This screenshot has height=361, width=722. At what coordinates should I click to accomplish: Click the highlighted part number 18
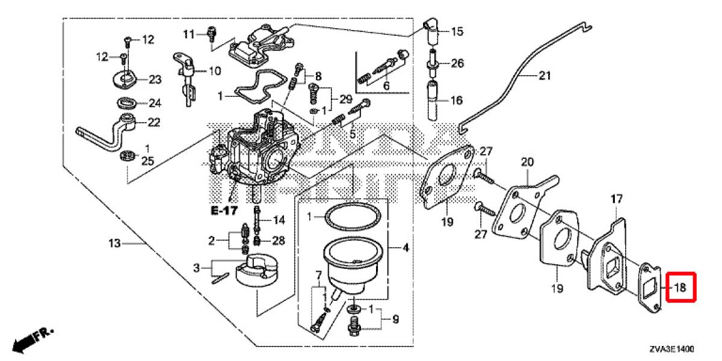[679, 288]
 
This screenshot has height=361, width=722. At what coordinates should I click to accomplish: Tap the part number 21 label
[545, 76]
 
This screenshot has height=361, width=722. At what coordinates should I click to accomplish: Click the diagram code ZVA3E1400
[671, 348]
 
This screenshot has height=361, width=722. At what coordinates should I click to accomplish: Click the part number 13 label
[115, 244]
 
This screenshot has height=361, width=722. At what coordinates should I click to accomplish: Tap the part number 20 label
[528, 162]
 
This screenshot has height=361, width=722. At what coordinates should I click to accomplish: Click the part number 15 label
[457, 31]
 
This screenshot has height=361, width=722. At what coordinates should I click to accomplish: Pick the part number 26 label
[457, 63]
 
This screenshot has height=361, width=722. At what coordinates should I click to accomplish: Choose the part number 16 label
[457, 100]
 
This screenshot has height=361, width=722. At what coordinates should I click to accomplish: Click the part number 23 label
[155, 79]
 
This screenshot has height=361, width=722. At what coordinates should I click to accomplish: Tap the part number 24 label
[155, 102]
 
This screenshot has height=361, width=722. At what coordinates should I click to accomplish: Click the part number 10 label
[214, 71]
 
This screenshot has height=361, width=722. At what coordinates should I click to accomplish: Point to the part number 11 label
[190, 34]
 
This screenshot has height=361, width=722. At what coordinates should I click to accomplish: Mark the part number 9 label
[395, 320]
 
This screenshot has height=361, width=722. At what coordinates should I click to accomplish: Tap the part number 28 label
[277, 241]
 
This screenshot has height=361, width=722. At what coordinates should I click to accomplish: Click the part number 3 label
[196, 267]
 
